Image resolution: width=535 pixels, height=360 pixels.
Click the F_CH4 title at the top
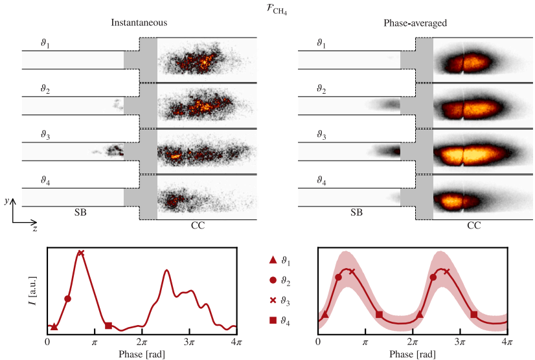(267, 8)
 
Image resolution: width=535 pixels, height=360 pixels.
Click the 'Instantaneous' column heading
(139, 23)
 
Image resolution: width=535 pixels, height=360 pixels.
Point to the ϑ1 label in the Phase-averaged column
(321, 43)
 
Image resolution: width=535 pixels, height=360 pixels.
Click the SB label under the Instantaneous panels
(81, 212)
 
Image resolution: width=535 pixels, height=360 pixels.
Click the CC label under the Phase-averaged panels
(474, 226)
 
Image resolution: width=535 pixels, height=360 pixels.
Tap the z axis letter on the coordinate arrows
(34, 229)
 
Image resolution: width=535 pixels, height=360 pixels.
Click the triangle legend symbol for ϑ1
(273, 260)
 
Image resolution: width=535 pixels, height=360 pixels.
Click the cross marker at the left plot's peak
(81, 253)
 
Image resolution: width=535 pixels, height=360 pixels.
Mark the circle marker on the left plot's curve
(68, 298)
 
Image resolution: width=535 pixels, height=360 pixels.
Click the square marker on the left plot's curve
(109, 325)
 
